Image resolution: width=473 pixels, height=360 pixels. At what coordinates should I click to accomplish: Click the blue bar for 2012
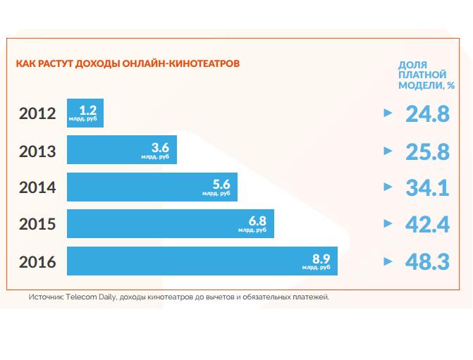point(85,113)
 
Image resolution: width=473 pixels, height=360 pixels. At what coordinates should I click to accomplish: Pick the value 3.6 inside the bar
point(161,147)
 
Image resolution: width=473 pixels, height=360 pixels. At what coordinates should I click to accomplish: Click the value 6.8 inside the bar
point(258,221)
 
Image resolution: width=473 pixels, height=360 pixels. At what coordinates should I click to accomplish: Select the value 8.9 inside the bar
point(321,257)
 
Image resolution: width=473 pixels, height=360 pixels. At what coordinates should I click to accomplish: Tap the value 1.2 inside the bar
point(88,110)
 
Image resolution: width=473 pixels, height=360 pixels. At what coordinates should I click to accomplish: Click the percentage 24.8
point(427,113)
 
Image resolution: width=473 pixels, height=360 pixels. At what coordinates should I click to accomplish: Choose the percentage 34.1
point(427,187)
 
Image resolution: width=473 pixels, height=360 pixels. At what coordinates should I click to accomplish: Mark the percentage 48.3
point(427,261)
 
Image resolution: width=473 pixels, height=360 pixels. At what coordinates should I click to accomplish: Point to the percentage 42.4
point(427,224)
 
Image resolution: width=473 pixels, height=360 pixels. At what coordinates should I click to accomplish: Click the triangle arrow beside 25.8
point(386,150)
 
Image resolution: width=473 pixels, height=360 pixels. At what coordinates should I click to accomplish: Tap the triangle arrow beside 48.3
point(386,261)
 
